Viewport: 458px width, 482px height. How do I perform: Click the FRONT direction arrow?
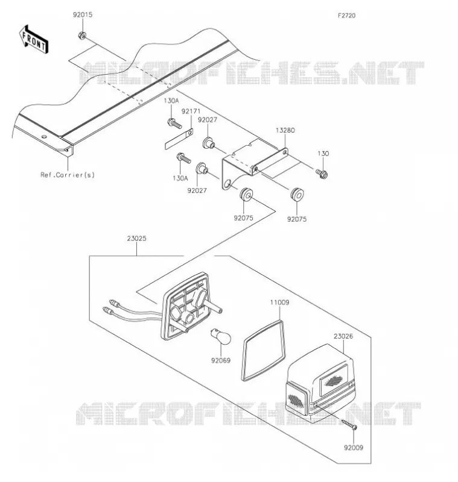click(34, 40)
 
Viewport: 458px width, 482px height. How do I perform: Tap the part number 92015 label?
click(83, 14)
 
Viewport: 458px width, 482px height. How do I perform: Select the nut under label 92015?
click(82, 36)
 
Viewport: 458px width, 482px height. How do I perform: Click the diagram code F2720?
click(346, 16)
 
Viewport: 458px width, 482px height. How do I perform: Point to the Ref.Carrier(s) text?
click(68, 175)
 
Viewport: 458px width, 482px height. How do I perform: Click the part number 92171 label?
click(191, 111)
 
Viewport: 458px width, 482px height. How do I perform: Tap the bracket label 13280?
click(285, 130)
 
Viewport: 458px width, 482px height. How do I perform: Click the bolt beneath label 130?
click(322, 174)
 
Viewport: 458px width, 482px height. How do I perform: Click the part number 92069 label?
click(221, 360)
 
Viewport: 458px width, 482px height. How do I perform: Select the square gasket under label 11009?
click(263, 351)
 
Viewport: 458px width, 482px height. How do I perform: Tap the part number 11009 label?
click(280, 302)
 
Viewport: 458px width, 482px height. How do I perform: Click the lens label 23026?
click(343, 336)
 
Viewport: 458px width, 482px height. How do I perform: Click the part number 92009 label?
click(354, 448)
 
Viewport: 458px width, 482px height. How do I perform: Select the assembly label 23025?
click(136, 239)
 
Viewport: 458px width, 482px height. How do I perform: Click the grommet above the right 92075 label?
click(297, 193)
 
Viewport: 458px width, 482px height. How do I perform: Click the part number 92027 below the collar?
click(197, 190)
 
